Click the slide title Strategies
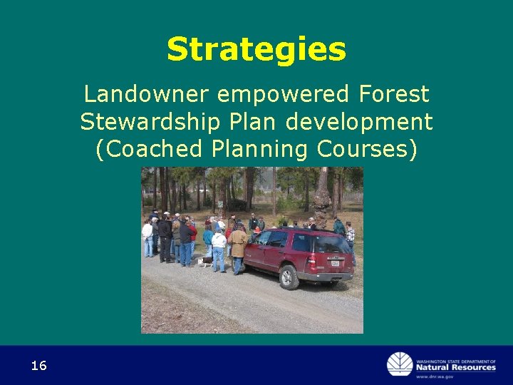coord(256,50)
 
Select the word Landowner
coord(145,94)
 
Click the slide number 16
coord(38,366)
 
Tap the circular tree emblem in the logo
coord(400,364)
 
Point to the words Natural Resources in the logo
coord(456,367)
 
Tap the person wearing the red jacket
coord(192,232)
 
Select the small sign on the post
coord(220,203)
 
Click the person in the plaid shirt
coord(349,234)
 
